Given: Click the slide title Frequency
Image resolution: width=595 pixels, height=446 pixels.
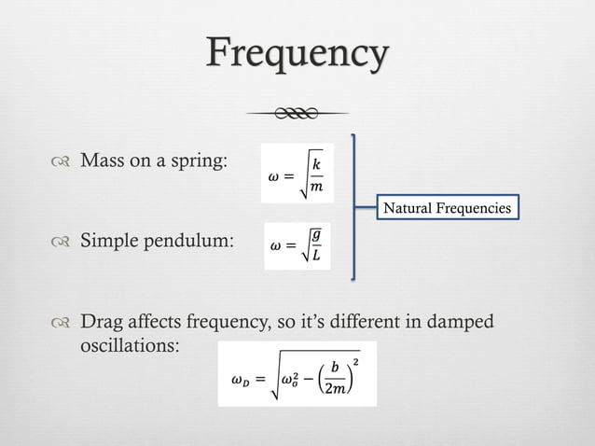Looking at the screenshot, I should click(297, 55).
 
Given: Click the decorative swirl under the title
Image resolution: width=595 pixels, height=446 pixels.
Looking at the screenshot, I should click(297, 113).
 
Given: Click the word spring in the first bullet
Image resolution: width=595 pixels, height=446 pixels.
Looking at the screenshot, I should click(199, 161).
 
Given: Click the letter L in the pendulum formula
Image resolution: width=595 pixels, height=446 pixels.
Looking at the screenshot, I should click(316, 257).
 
